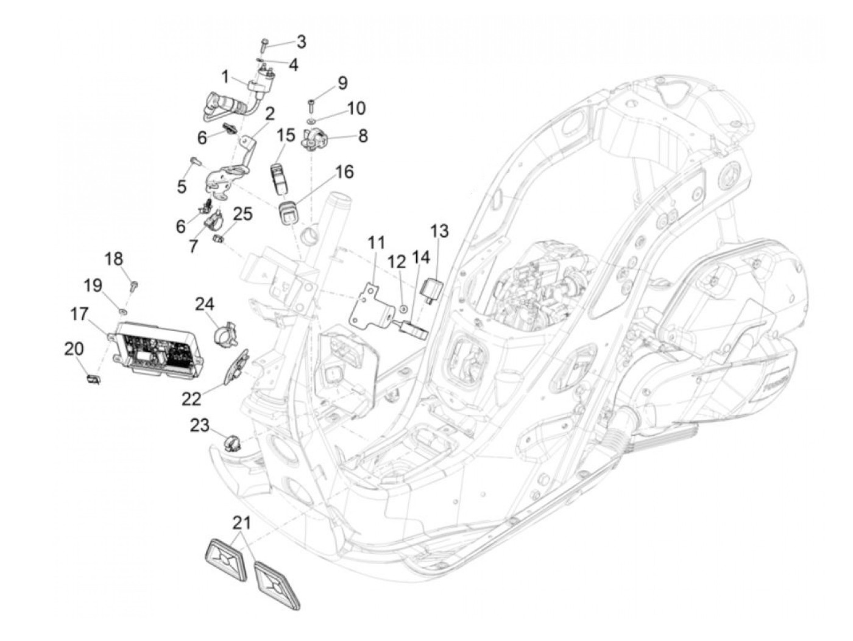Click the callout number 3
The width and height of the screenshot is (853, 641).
pyautogui.click(x=302, y=42)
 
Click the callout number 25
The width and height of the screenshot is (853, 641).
pyautogui.click(x=242, y=213)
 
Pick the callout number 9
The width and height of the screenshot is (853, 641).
pyautogui.click(x=342, y=82)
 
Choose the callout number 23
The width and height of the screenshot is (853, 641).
pyautogui.click(x=199, y=425)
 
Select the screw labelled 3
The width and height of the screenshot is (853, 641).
pyautogui.click(x=263, y=44)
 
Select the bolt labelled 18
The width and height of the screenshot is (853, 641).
pyautogui.click(x=132, y=284)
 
